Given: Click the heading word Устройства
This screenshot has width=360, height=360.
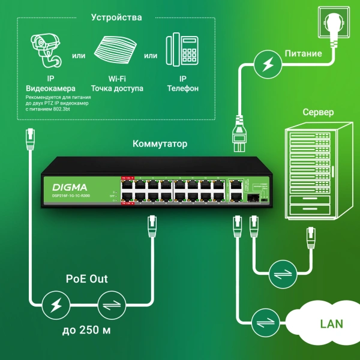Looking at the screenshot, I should [116, 17].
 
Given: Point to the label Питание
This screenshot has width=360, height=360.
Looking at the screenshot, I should [303, 53].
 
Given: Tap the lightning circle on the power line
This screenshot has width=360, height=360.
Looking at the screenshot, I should [265, 64].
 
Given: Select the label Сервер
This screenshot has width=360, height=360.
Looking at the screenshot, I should [318, 112].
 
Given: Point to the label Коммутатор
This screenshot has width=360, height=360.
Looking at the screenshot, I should [160, 144].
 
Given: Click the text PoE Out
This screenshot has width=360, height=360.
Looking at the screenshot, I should [86, 278].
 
